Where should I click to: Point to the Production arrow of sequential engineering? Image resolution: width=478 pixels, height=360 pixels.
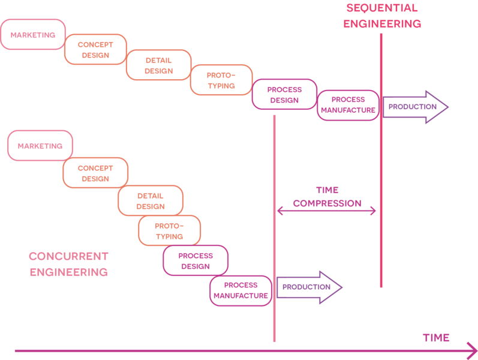[x=415, y=107]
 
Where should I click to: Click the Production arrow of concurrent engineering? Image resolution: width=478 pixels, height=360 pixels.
[x=309, y=287]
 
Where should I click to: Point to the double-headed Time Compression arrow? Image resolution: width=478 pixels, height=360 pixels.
[x=326, y=211]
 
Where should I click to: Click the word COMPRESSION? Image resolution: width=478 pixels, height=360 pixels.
[x=327, y=203]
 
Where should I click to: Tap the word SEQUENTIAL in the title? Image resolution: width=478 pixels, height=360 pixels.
[x=382, y=8]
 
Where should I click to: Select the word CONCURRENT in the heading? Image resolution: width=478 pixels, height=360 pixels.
[x=68, y=256]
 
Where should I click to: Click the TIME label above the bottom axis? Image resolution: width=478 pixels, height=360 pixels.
[x=436, y=338]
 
